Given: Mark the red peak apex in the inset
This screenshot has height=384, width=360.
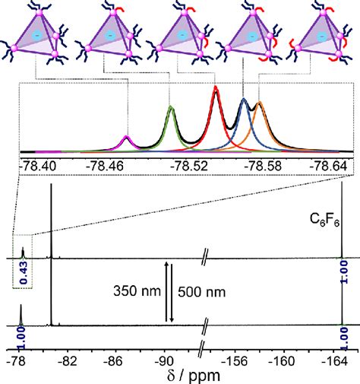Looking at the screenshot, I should click(x=216, y=89).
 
